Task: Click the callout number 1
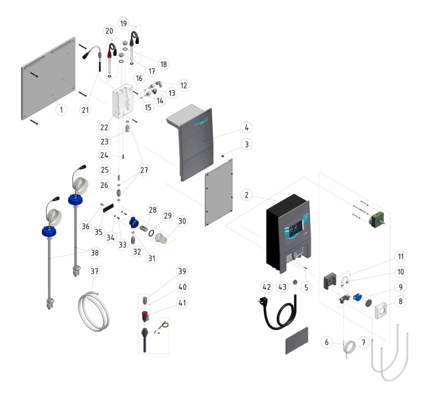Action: click(x=61, y=110)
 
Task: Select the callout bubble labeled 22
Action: click(x=104, y=127)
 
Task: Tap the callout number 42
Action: click(x=266, y=287)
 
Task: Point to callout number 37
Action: click(x=94, y=271)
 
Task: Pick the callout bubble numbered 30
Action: click(x=182, y=221)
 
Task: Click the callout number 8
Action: click(x=401, y=301)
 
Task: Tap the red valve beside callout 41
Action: click(x=145, y=316)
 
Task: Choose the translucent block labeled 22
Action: click(x=122, y=101)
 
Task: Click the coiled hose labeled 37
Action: click(x=94, y=312)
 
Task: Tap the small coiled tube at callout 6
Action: click(x=349, y=349)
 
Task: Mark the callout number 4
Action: click(x=247, y=128)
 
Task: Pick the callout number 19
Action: click(x=124, y=23)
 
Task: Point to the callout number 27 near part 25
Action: click(x=144, y=170)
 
